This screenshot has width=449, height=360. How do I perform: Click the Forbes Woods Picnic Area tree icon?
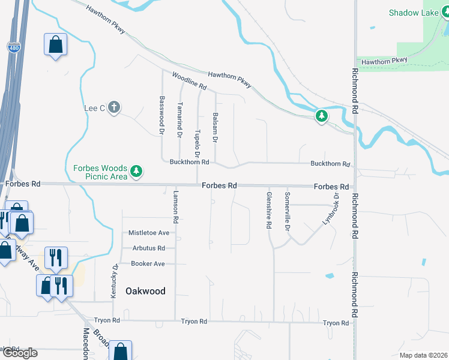(x=137, y=172)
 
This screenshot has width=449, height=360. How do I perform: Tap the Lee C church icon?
(x=114, y=108)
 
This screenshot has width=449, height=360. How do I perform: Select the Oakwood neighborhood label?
(x=145, y=291)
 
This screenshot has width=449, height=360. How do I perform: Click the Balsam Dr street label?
(x=215, y=128)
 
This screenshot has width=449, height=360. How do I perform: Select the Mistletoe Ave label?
(x=149, y=233)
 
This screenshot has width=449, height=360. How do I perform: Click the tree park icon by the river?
(x=322, y=116)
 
